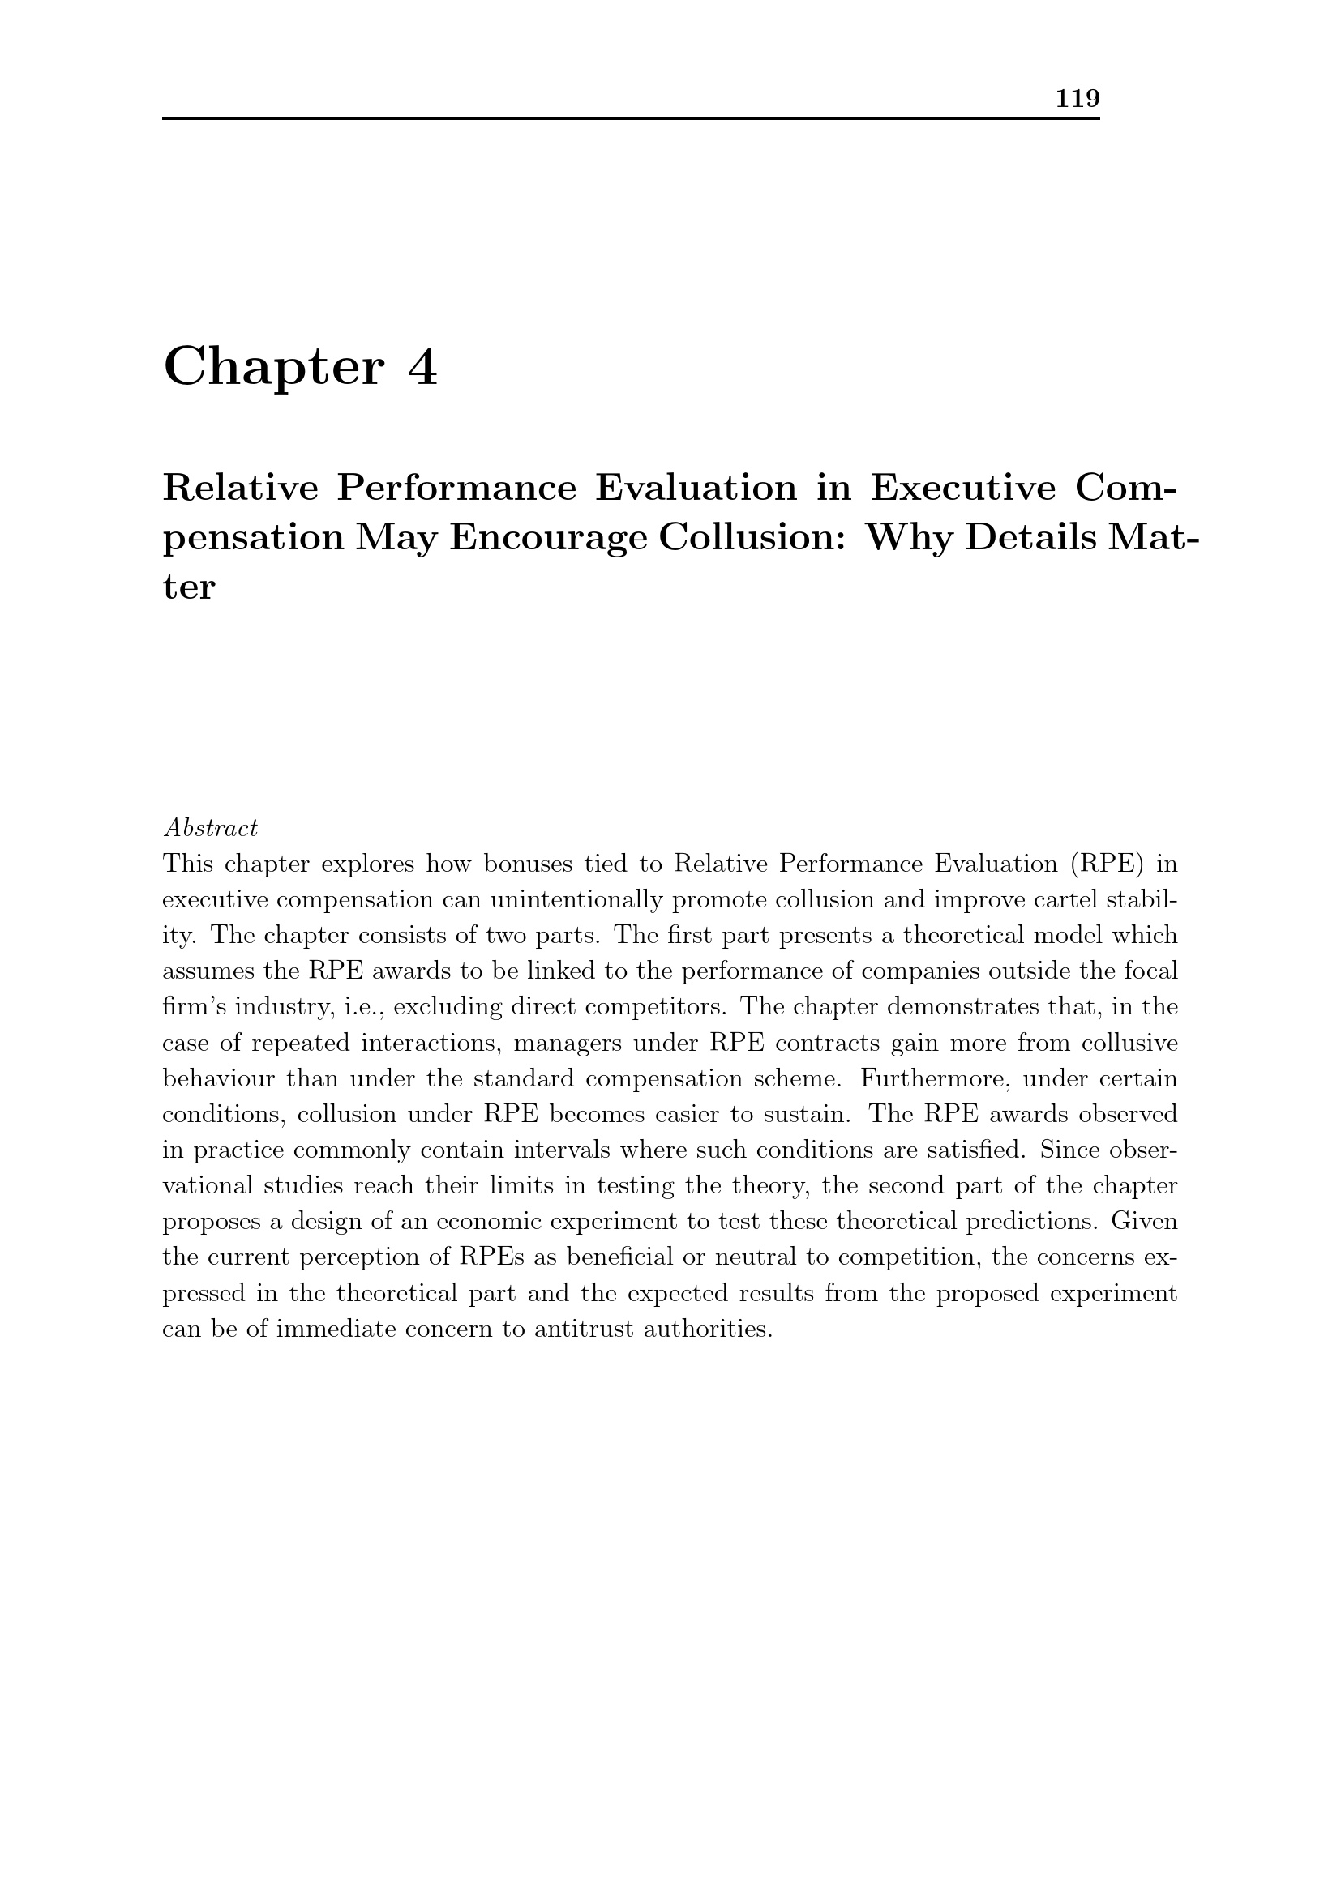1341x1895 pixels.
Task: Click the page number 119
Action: tap(1078, 99)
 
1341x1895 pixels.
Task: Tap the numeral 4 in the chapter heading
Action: tap(422, 367)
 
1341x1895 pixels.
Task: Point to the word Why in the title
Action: tap(906, 538)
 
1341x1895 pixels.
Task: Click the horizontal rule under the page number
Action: tap(631, 119)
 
